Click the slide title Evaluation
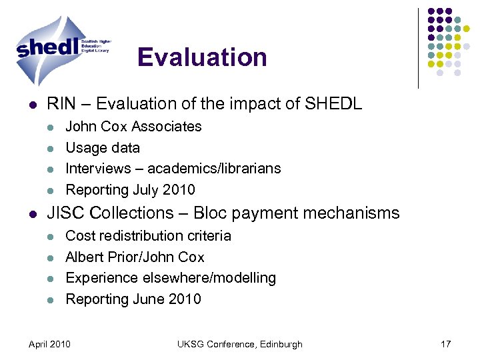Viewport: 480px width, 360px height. click(x=202, y=57)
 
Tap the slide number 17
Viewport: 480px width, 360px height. click(x=445, y=344)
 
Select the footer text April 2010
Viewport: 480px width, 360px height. click(x=49, y=344)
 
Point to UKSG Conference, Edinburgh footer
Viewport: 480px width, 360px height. click(x=239, y=344)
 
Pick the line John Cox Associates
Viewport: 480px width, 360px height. click(x=133, y=127)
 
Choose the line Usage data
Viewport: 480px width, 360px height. click(x=103, y=148)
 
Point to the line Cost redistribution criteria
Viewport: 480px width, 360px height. click(x=149, y=236)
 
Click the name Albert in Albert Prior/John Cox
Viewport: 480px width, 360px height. click(x=85, y=257)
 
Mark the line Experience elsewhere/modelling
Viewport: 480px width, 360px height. click(x=171, y=278)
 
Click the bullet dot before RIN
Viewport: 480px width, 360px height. click(x=32, y=105)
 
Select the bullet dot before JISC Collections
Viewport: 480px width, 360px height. click(x=32, y=214)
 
